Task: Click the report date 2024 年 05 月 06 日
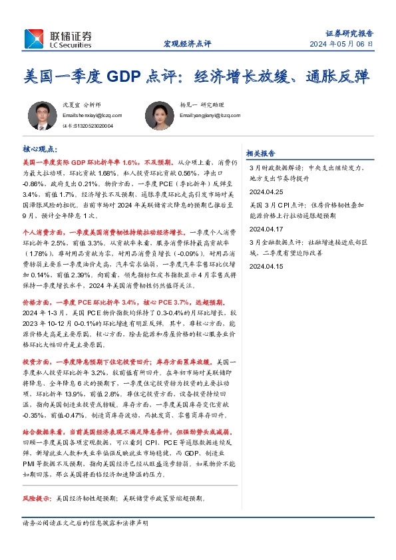340,44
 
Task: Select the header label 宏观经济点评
187,44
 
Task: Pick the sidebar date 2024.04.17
266,228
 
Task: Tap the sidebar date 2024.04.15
266,265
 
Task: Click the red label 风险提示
37,497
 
